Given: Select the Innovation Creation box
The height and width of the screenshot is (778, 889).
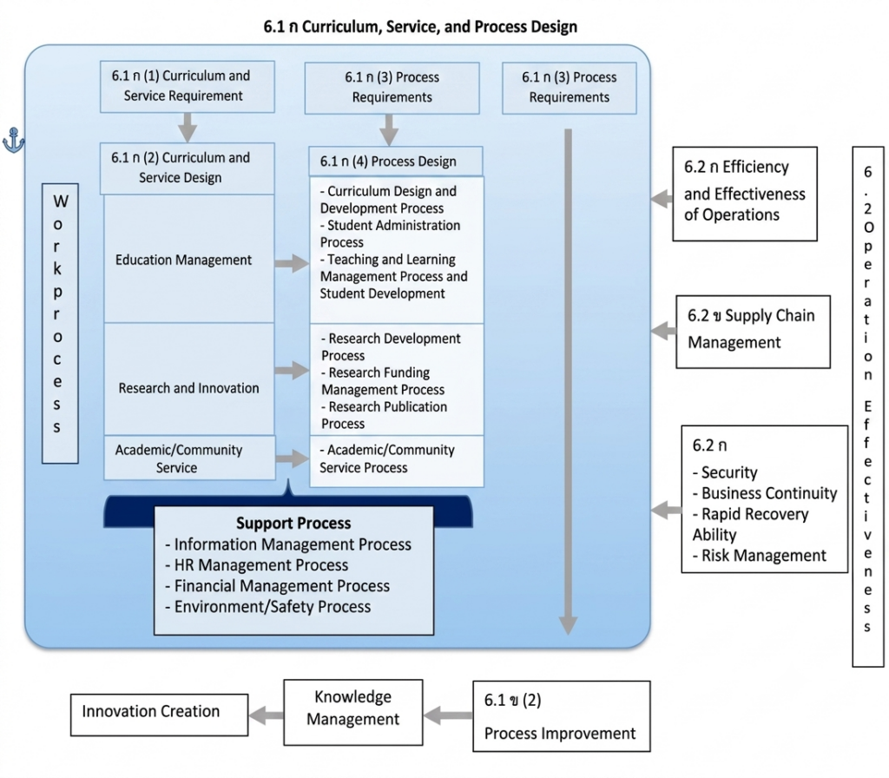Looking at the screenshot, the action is (x=160, y=715).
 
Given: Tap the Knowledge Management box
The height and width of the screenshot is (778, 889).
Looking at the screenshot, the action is (x=353, y=712).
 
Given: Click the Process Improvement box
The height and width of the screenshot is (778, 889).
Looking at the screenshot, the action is (x=562, y=716).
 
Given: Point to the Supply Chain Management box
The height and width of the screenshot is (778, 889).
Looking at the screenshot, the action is (x=753, y=332).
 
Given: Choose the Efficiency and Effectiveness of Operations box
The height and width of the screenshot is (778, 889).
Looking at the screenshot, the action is (x=745, y=194).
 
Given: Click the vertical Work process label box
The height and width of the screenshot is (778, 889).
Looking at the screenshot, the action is (x=60, y=323).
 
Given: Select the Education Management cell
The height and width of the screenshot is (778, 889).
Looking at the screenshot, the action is (x=188, y=259).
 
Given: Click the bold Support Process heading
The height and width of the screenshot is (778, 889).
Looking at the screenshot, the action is (x=293, y=523).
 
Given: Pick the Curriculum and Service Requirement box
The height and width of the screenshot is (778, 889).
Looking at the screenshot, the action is (x=188, y=86).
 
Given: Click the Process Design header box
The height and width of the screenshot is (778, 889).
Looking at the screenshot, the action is (x=396, y=162).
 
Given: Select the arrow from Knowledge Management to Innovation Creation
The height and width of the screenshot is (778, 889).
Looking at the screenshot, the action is (x=266, y=715).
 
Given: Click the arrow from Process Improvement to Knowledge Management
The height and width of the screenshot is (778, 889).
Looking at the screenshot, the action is (x=448, y=715).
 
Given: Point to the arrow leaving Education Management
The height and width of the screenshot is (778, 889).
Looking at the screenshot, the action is (x=292, y=263).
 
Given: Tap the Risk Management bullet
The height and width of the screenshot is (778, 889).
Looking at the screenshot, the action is (x=759, y=555).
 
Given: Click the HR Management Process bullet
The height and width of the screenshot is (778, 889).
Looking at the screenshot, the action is (x=257, y=564).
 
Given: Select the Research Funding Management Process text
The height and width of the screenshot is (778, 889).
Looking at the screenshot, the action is (x=383, y=381).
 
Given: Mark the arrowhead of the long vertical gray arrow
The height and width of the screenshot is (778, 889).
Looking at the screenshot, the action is (x=568, y=625).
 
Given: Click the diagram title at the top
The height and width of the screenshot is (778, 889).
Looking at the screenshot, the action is (x=420, y=27).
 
